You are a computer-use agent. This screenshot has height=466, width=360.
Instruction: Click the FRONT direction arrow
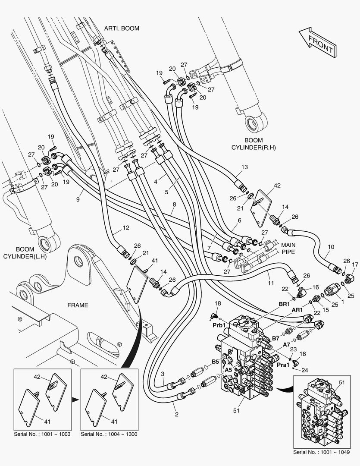pyautogui.click(x=318, y=42)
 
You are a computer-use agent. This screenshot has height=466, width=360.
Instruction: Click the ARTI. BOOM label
pyautogui.click(x=122, y=28)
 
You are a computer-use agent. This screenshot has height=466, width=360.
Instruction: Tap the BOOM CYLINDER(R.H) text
pyautogui.click(x=254, y=144)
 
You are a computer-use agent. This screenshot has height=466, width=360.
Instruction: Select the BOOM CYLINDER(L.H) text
pyautogui.click(x=25, y=252)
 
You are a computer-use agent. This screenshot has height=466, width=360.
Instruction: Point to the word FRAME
pyautogui.click(x=78, y=305)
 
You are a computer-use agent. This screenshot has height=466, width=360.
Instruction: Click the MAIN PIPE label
pyautogui.click(x=288, y=249)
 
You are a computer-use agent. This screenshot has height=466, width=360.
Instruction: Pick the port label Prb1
pyautogui.click(x=219, y=325)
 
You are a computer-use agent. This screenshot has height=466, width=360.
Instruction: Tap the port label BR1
pyautogui.click(x=284, y=304)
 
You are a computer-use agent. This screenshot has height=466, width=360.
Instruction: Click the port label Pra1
pyautogui.click(x=283, y=365)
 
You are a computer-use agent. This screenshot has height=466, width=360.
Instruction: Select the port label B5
pyautogui.click(x=215, y=362)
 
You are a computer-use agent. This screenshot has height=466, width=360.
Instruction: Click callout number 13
pyautogui.click(x=244, y=167)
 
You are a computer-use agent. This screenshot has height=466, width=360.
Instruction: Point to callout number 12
pyautogui.click(x=126, y=228)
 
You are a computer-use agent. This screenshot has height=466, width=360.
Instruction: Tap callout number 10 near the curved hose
pyautogui.click(x=331, y=247)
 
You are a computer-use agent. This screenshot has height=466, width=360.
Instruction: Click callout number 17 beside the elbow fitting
pyautogui.click(x=355, y=264)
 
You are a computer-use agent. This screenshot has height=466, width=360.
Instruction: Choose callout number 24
pyautogui.click(x=305, y=370)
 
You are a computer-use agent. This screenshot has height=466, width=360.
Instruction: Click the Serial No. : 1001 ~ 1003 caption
pyautogui.click(x=42, y=434)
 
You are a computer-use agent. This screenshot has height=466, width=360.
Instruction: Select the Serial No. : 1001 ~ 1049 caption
pyautogui.click(x=321, y=452)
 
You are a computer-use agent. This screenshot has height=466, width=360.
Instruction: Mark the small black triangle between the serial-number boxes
pyautogui.click(x=76, y=400)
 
